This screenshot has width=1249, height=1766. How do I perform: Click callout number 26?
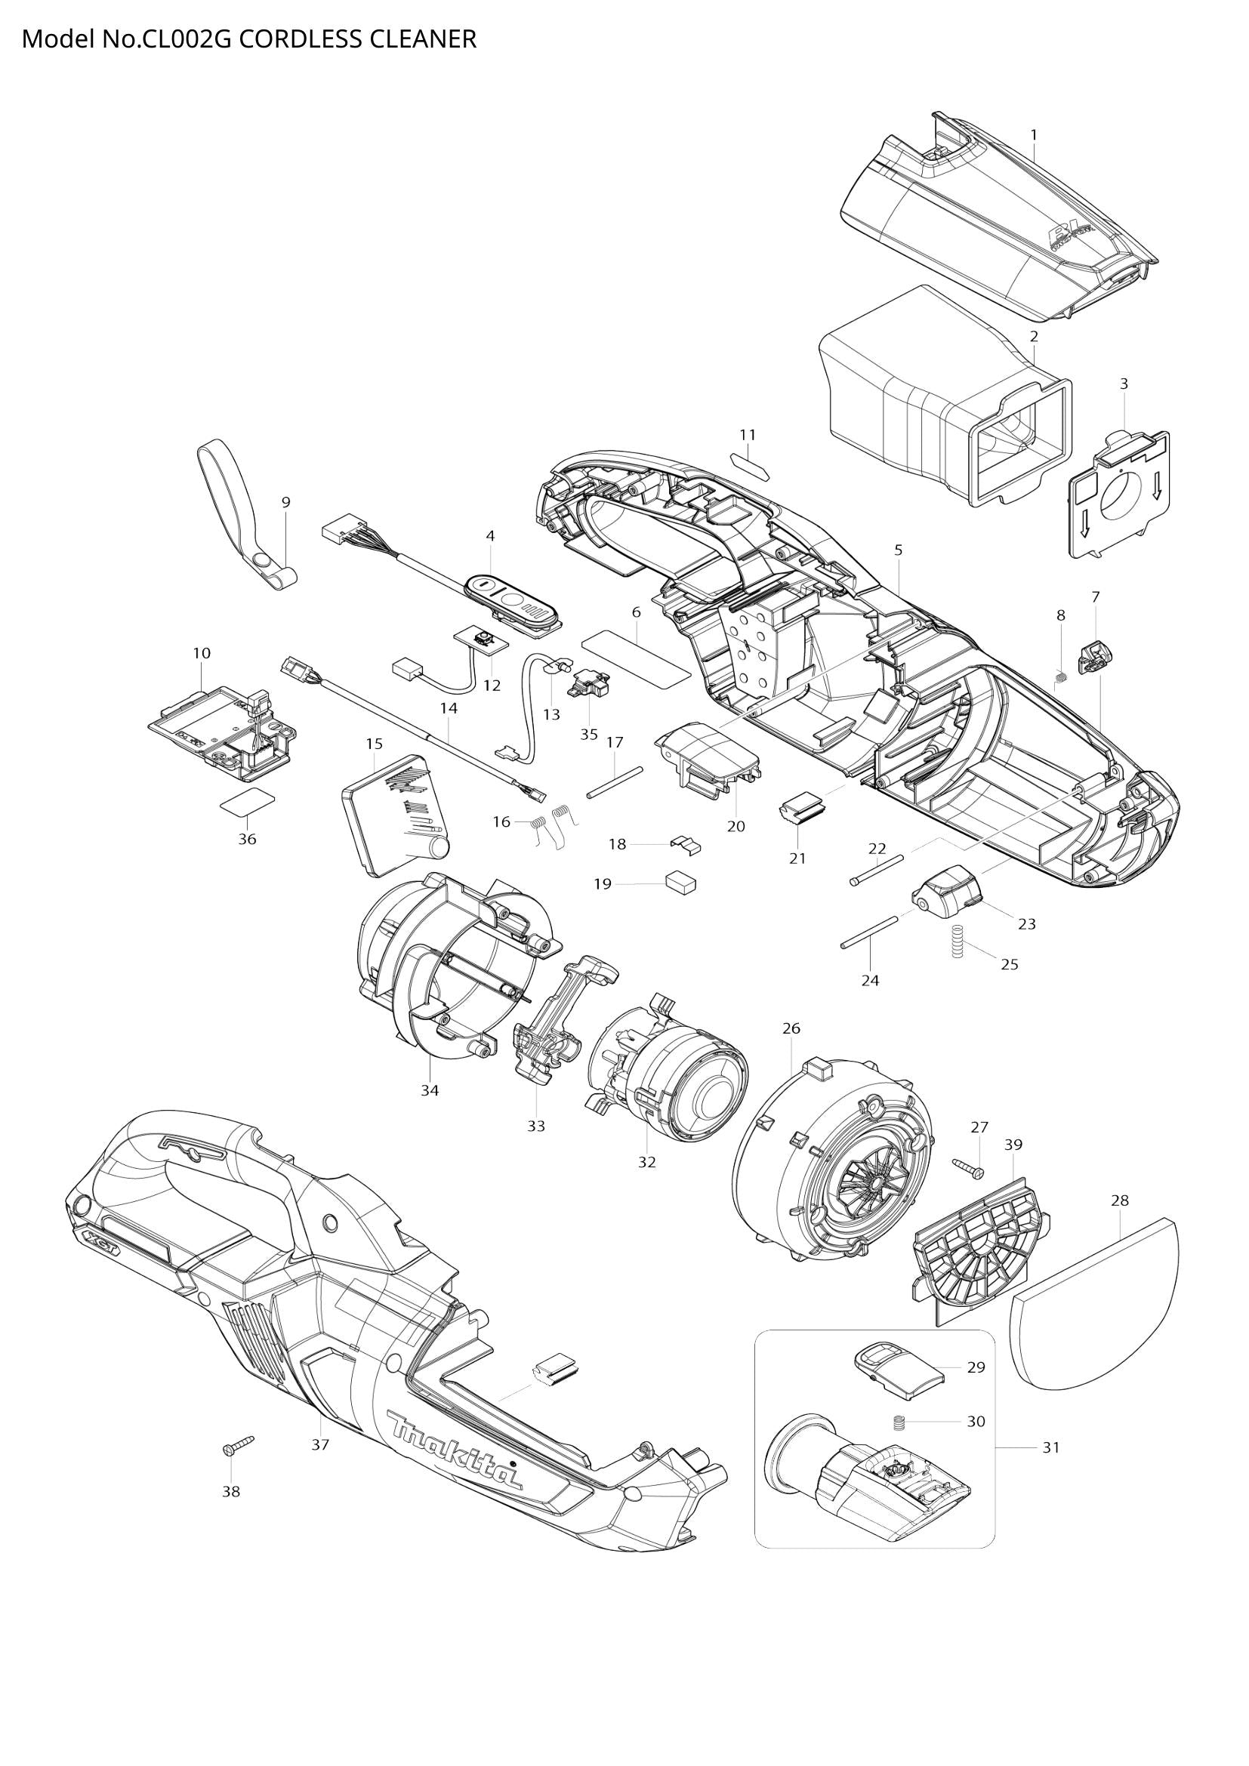point(791,1028)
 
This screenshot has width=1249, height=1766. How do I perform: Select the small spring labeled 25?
point(958,941)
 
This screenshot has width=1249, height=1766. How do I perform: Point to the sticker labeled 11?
point(748,465)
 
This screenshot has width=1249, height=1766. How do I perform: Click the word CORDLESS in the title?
point(300,39)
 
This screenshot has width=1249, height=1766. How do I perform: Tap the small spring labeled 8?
point(1060,677)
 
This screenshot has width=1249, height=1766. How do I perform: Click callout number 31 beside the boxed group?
point(1050,1447)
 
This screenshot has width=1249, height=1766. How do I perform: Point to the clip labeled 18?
point(686,844)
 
